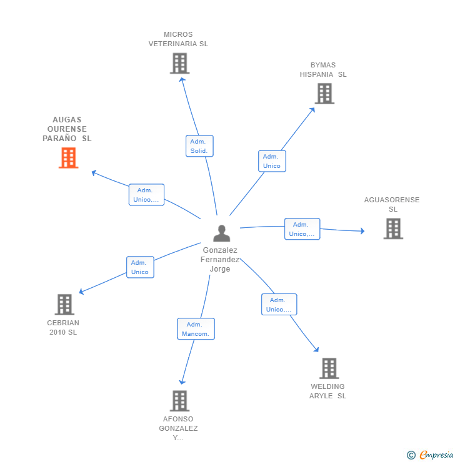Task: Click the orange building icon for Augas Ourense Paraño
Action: [68, 158]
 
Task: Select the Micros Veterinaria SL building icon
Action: [179, 64]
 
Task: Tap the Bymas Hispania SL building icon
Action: [324, 94]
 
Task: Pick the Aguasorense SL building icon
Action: [392, 229]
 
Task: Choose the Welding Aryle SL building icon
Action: [329, 368]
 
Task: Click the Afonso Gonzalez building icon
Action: [179, 401]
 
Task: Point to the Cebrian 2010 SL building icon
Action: [64, 305]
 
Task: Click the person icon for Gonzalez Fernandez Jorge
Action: [221, 233]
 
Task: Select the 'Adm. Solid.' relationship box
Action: [199, 146]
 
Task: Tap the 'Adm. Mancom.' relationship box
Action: [196, 329]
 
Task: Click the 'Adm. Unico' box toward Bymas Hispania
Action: [272, 161]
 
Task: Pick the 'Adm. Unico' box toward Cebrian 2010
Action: [140, 267]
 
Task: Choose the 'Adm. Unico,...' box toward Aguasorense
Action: [302, 229]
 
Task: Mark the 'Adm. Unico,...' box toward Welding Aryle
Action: [279, 305]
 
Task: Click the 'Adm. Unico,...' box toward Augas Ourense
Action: [146, 195]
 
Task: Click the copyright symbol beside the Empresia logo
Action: [411, 455]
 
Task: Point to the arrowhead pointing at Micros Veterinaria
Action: [182, 79]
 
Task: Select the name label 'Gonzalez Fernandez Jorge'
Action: [221, 260]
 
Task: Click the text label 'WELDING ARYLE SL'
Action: [327, 391]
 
